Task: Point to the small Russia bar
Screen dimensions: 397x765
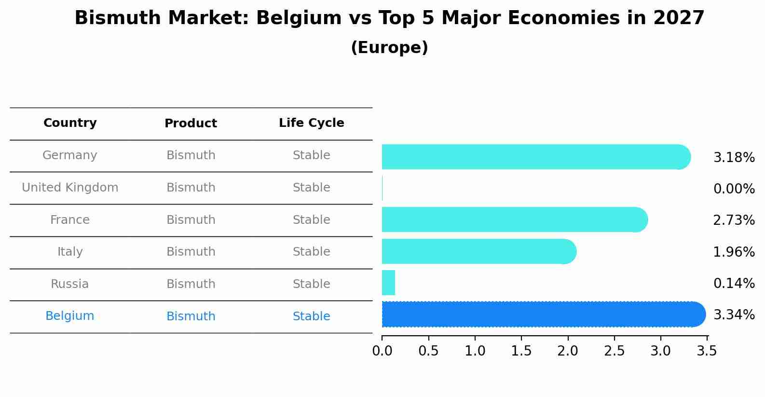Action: [x=388, y=283]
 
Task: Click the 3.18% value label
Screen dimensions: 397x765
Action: [x=734, y=158]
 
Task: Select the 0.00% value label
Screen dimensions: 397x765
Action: [x=734, y=189]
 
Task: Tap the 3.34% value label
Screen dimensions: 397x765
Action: [x=734, y=315]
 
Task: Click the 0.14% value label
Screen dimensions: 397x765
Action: [x=734, y=284]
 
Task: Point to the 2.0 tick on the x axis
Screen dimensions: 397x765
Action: [x=568, y=351]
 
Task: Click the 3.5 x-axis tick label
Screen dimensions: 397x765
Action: [x=707, y=351]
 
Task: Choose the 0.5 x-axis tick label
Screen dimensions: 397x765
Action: [x=428, y=351]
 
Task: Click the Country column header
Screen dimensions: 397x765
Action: [x=70, y=123]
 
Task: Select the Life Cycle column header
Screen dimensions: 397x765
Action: [x=311, y=123]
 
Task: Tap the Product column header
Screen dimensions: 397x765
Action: [x=191, y=123]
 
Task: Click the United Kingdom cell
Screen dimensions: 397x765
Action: [x=70, y=188]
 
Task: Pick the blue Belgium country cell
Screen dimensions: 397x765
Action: [x=70, y=316]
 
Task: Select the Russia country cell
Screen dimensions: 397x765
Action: [x=70, y=284]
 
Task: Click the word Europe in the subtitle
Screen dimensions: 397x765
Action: [x=389, y=48]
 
